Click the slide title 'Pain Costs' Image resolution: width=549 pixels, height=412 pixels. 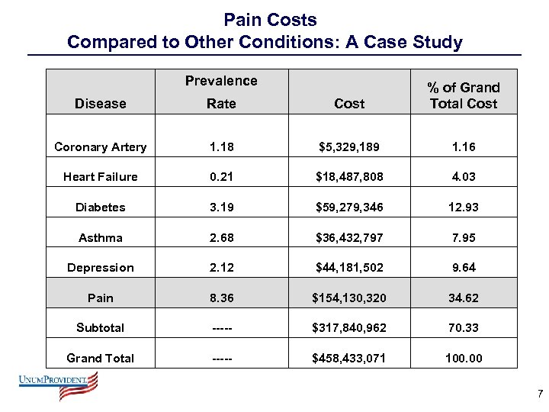coord(270,19)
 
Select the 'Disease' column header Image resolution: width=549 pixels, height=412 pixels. coord(101,104)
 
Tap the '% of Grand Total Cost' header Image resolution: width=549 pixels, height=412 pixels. coord(463,95)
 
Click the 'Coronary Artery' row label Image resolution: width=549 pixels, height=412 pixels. coord(101,146)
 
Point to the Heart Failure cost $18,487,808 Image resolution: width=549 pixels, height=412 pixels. coord(349,177)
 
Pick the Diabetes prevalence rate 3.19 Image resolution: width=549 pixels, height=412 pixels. coord(221,208)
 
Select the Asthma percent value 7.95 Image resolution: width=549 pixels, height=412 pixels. coord(463,237)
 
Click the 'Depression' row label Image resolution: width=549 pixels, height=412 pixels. coord(101,268)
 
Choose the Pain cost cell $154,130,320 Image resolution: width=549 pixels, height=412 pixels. coord(349,298)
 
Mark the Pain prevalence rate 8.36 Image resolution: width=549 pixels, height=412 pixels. coord(221,298)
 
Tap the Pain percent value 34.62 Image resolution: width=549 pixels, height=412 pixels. coord(463,298)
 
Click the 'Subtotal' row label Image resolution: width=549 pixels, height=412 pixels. coord(101,328)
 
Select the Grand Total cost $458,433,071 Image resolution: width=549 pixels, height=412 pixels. coord(349,359)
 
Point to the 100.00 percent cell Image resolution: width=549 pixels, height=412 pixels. coord(463,359)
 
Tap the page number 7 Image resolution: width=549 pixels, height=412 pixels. coord(540,394)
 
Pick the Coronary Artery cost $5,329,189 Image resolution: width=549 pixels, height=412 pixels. coord(349,146)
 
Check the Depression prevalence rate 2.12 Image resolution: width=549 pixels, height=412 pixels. coord(221,268)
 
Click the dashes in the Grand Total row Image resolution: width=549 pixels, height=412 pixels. coord(221,359)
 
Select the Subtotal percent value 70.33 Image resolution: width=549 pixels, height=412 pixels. coord(463,328)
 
